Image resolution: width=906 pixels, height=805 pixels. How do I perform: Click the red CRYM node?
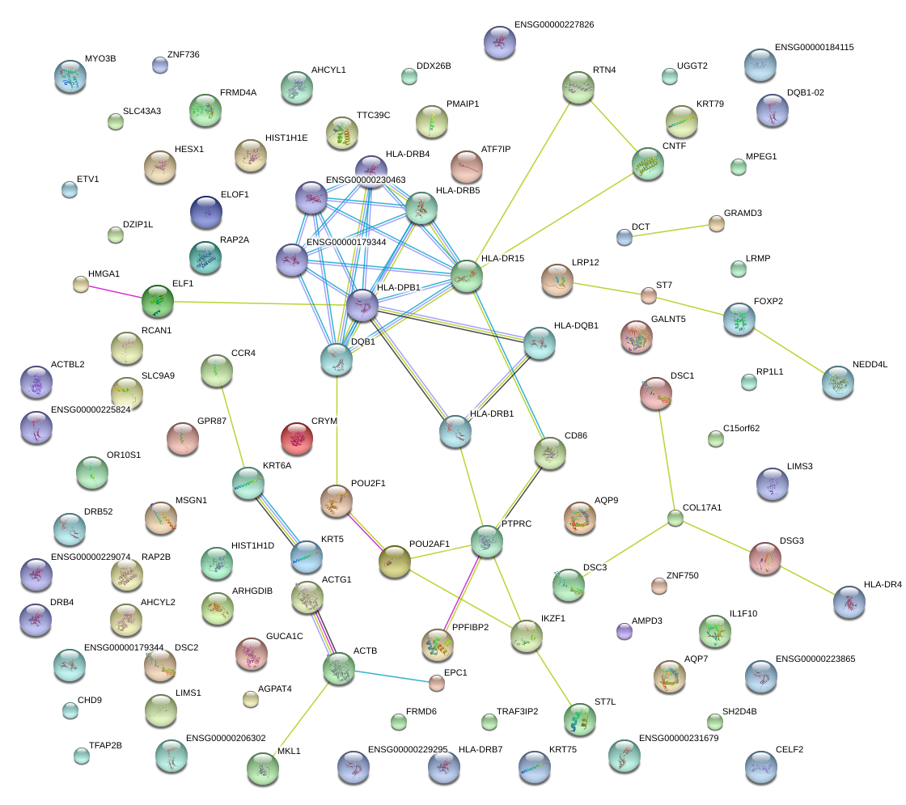(x=297, y=439)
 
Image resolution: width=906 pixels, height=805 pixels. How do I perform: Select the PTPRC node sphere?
(x=486, y=541)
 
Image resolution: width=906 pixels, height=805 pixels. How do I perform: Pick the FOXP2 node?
(x=739, y=319)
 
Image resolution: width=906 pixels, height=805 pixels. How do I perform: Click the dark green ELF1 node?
(x=157, y=301)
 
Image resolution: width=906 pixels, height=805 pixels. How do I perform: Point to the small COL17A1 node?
(x=675, y=519)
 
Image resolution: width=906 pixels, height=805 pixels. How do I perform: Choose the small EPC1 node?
(x=437, y=684)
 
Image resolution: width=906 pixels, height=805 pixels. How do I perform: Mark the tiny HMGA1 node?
(x=80, y=284)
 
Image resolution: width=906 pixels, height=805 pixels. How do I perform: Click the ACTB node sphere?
(x=338, y=667)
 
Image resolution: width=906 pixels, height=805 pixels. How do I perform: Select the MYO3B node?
(x=70, y=77)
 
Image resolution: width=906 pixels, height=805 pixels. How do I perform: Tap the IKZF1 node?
(x=527, y=637)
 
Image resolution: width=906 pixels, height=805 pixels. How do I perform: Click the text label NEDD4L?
(x=870, y=365)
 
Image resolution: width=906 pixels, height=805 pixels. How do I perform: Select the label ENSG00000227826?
(x=553, y=25)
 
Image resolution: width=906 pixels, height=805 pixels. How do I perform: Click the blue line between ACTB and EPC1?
(x=388, y=676)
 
